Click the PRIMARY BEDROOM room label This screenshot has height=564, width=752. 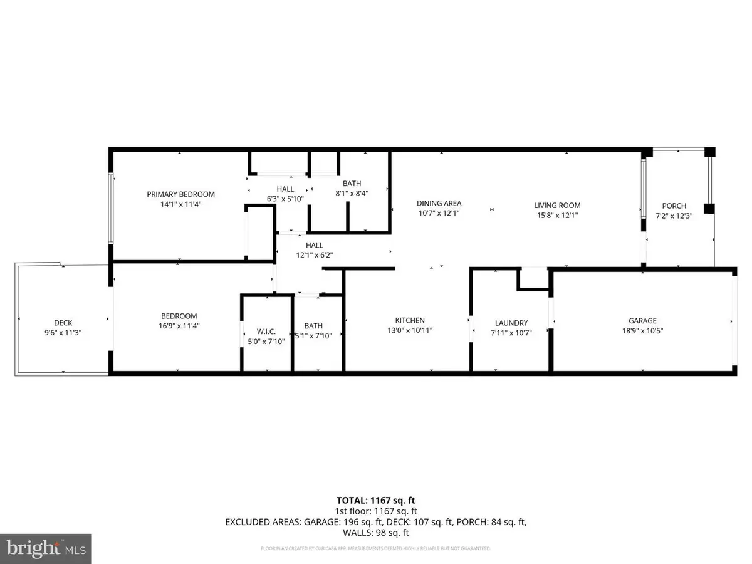click(x=180, y=194)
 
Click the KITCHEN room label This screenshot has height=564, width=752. click(x=410, y=320)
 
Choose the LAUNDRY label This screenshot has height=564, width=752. click(x=511, y=323)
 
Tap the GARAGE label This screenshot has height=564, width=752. click(x=642, y=320)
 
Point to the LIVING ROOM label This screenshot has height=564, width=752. click(x=557, y=205)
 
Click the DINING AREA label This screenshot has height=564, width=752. click(x=439, y=203)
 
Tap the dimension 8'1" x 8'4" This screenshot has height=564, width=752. click(x=352, y=193)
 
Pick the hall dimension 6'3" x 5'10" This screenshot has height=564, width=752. click(x=285, y=198)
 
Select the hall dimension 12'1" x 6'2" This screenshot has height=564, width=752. click(x=315, y=255)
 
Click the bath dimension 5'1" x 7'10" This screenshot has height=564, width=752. click(x=313, y=335)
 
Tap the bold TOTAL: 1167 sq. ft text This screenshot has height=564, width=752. click(x=376, y=500)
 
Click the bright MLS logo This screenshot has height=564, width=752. click(x=46, y=549)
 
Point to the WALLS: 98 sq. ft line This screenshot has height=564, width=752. click(x=376, y=533)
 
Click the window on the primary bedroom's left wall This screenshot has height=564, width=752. click(x=112, y=207)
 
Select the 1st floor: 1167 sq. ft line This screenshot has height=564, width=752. click(x=376, y=511)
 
